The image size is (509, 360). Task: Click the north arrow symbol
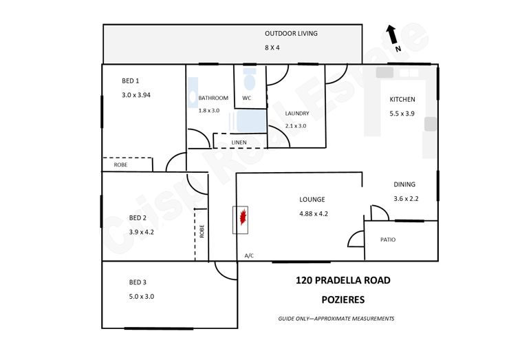click(391, 34)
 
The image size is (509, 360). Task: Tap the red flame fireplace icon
click(243, 218)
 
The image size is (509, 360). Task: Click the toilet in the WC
click(249, 79)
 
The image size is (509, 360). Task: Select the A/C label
click(249, 256)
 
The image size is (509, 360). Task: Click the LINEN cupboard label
click(239, 142)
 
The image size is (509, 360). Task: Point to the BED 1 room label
click(130, 81)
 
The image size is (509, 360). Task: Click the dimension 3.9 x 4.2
click(141, 232)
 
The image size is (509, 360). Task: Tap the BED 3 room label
click(138, 282)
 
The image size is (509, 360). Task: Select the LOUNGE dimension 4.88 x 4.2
click(314, 214)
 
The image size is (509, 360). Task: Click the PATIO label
click(388, 240)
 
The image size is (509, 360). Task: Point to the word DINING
click(404, 184)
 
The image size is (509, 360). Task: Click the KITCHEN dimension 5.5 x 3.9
click(402, 114)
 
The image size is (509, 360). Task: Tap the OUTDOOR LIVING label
click(291, 34)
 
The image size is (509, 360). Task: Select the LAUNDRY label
click(297, 114)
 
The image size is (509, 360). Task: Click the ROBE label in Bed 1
click(120, 165)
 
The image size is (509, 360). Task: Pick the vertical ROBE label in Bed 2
click(202, 231)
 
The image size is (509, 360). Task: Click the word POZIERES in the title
click(343, 299)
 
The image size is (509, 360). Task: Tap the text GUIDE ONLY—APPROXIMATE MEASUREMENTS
click(336, 319)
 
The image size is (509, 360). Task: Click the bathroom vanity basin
click(193, 93)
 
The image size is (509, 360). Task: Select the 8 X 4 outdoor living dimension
click(272, 47)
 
